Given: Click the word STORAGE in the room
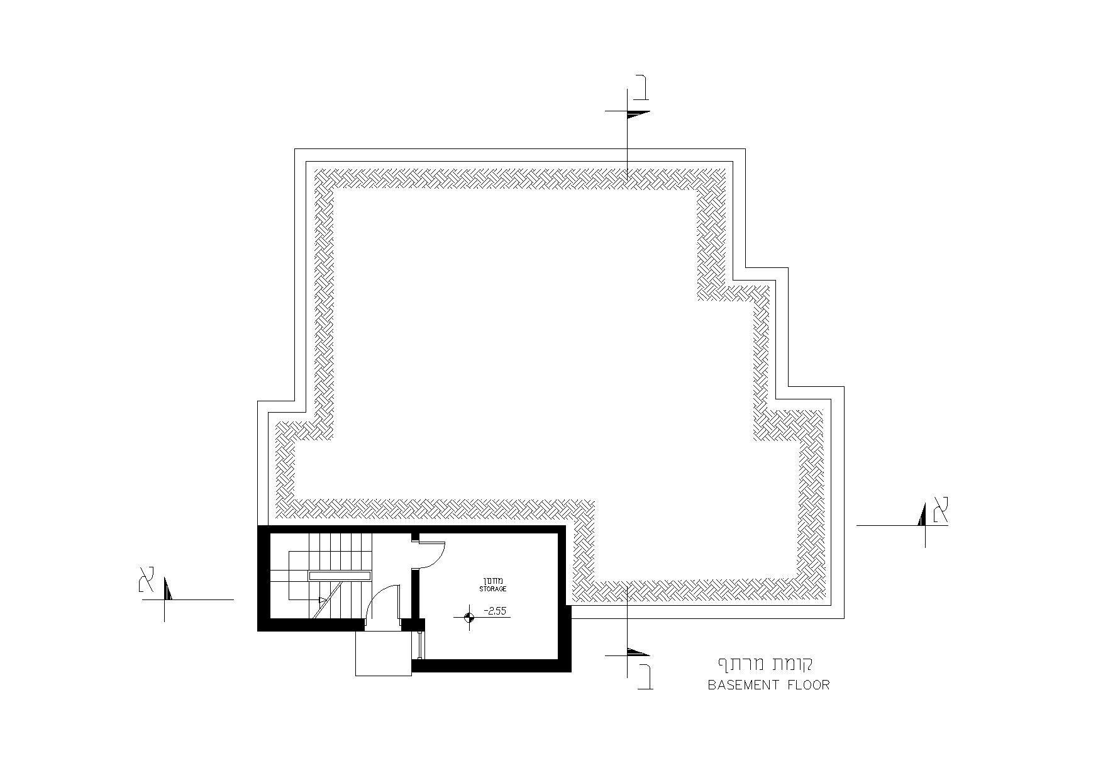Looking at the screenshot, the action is point(492,589).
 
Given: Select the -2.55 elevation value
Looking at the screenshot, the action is point(494,610).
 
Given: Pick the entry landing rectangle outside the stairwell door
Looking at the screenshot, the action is point(383,654).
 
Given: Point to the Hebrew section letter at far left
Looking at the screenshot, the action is point(147,579).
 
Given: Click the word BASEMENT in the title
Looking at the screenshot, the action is point(744,685).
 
